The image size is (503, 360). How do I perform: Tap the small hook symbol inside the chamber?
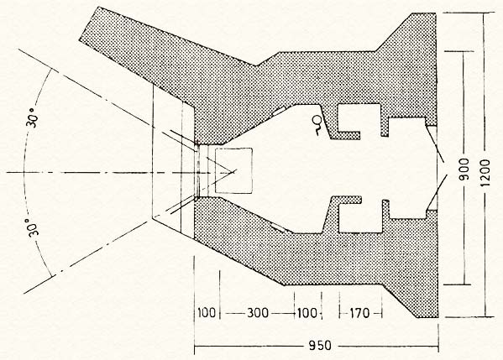[315, 123]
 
